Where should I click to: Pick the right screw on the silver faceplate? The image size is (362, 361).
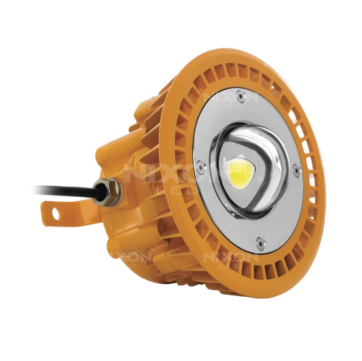(296, 168)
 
